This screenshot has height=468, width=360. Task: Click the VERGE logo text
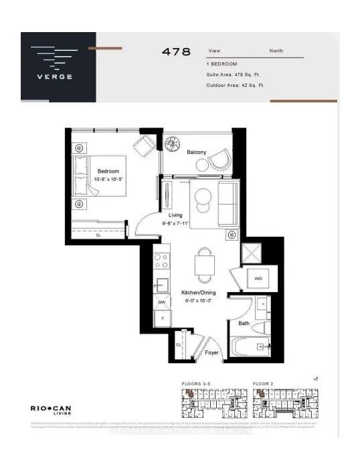click(58, 75)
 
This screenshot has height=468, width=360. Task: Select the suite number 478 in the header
click(176, 51)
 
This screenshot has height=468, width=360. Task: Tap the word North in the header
click(276, 51)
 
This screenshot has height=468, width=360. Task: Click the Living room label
click(176, 215)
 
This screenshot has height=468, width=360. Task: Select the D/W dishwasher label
click(161, 303)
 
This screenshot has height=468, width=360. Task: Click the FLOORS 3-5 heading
click(196, 384)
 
